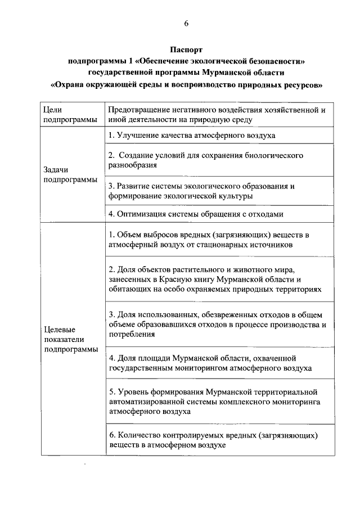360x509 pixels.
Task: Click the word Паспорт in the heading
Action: click(x=186, y=50)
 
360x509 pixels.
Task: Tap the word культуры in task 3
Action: click(x=236, y=196)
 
